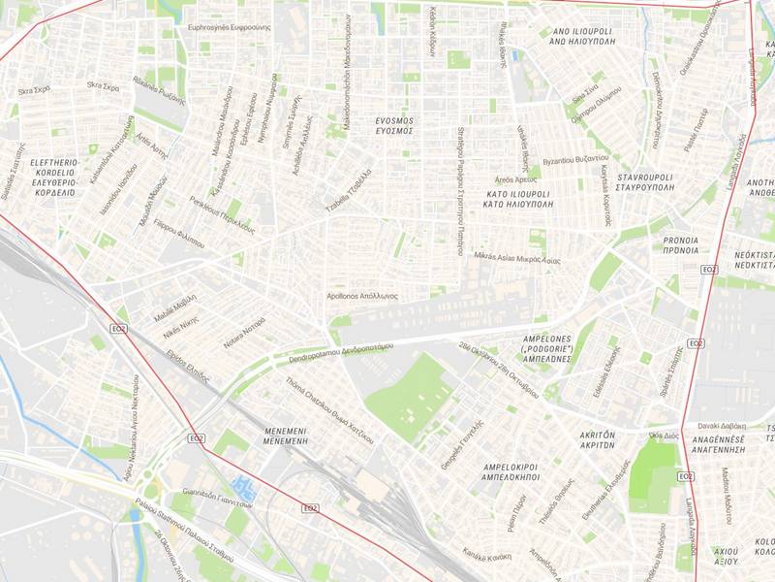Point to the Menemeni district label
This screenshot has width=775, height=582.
285,435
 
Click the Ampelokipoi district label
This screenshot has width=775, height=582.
510,472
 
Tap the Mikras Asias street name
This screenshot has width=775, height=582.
518,259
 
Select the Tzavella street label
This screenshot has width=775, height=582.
349,194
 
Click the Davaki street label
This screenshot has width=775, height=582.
722,425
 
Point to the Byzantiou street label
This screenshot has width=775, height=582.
575,158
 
